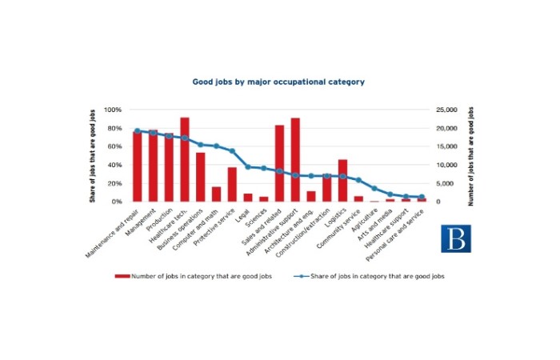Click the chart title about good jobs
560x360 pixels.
coord(278,82)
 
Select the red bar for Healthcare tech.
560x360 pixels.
coord(185,159)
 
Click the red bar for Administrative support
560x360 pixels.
coord(295,159)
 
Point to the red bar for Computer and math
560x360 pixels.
coord(216,194)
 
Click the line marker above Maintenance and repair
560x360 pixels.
coord(137,130)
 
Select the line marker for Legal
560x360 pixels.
coord(248,166)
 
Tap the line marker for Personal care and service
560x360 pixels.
coord(422,197)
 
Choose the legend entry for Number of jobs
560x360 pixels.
coord(192,275)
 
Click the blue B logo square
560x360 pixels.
coord(456,238)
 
